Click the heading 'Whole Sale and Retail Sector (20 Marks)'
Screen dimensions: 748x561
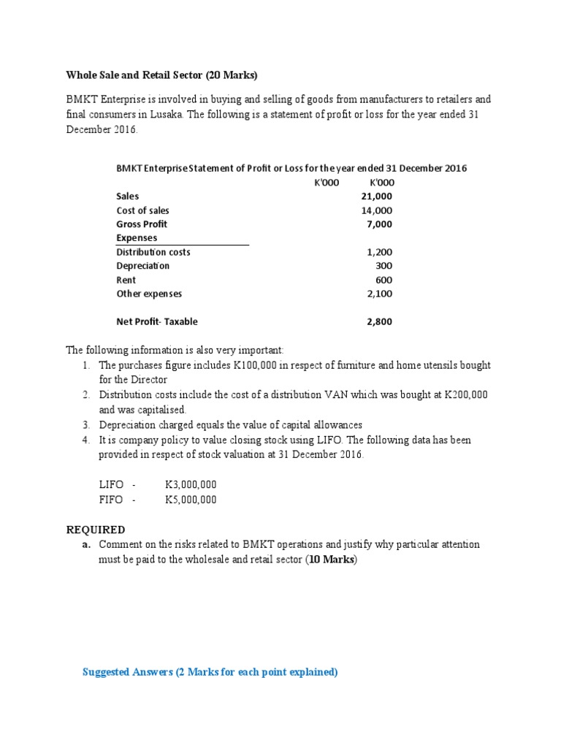tap(162, 75)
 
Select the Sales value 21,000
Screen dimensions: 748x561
tap(376, 196)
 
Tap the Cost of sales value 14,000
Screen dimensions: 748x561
tap(376, 210)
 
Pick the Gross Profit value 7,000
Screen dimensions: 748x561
tap(379, 224)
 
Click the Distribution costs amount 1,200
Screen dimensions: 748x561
tap(379, 252)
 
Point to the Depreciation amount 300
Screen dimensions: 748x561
tap(383, 266)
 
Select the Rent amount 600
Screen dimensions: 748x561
tap(383, 280)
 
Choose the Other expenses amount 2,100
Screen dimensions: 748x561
tap(379, 294)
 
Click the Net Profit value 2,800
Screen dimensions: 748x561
tap(379, 321)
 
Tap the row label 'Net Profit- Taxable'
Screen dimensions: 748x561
tap(156, 321)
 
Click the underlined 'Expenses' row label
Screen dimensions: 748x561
tap(137, 238)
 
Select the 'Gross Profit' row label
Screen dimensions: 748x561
tap(142, 224)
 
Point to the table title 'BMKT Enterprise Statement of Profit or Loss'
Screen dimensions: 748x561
tap(291, 169)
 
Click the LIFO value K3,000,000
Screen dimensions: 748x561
tap(191, 484)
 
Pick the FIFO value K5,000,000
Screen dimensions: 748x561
tap(191, 500)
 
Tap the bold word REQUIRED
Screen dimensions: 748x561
tap(96, 530)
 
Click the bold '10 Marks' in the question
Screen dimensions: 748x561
tap(329, 560)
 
